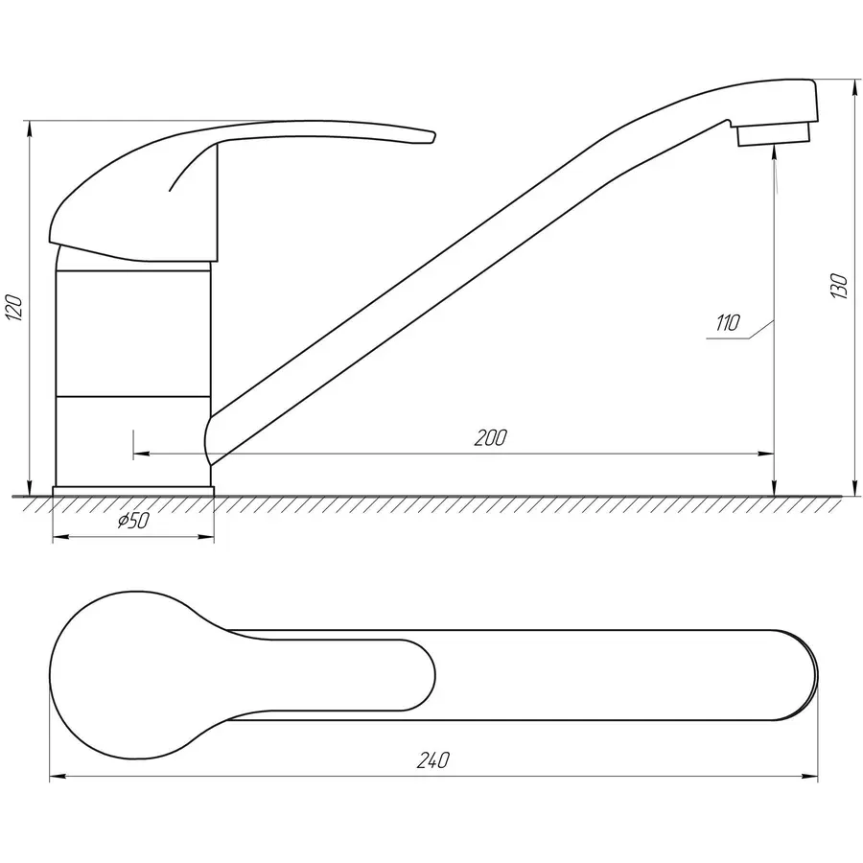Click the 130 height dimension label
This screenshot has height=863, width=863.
tap(840, 287)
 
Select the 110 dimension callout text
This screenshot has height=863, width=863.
tap(727, 323)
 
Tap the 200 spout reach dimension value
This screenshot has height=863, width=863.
tap(490, 438)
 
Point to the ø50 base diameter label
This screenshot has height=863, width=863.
tap(132, 521)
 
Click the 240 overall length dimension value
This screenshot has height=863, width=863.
tap(433, 760)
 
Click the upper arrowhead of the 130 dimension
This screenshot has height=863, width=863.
tap(854, 87)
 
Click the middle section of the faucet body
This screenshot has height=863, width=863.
tap(132, 333)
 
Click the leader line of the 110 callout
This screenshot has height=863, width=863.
tap(758, 329)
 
